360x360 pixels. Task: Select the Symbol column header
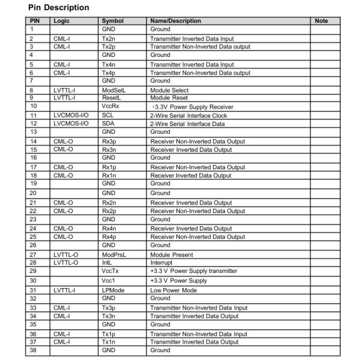tap(112, 21)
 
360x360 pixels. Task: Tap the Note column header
tap(321, 21)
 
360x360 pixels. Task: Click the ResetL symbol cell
tap(112, 97)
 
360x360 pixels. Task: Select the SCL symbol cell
tap(108, 115)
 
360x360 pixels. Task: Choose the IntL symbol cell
tap(107, 262)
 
